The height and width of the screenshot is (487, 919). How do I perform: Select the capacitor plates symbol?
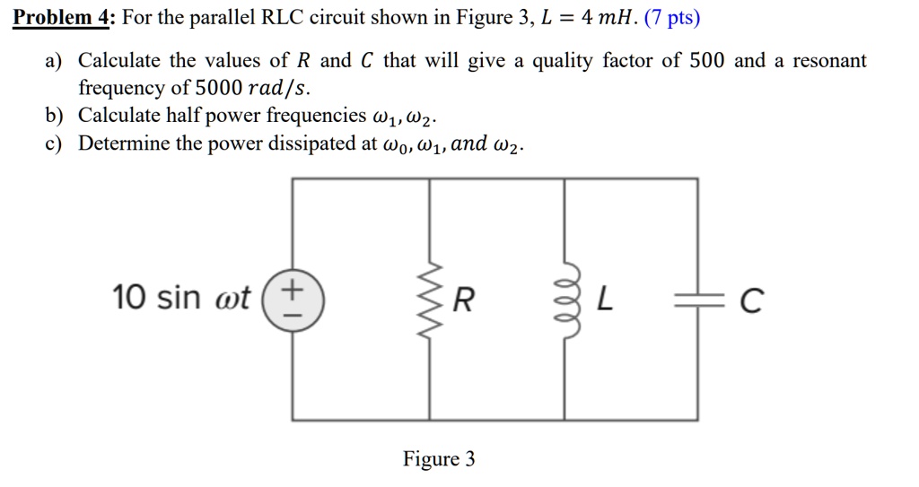click(x=697, y=301)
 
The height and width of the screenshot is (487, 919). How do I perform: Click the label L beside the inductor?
click(x=606, y=301)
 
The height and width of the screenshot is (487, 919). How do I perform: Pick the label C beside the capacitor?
click(x=753, y=302)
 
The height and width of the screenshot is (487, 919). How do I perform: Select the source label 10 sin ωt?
click(x=182, y=297)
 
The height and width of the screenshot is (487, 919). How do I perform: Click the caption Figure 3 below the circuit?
click(x=439, y=459)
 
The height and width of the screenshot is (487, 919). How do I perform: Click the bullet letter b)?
click(x=54, y=116)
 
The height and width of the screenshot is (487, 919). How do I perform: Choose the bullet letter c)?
click(x=54, y=143)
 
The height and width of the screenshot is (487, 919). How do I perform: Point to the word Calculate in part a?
click(x=119, y=61)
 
